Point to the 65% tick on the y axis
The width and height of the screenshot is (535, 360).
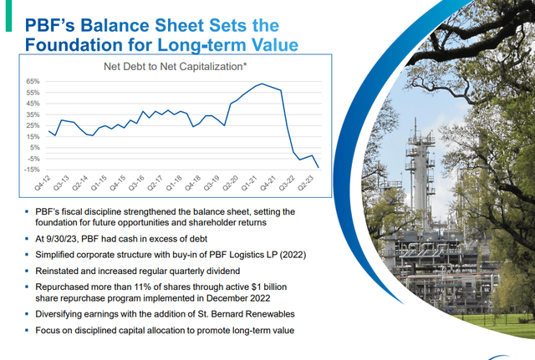(x=33, y=81)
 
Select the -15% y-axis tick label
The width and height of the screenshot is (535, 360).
(x=32, y=168)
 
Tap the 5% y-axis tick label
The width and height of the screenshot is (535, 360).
(x=35, y=146)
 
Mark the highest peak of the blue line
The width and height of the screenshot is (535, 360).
(x=262, y=84)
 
